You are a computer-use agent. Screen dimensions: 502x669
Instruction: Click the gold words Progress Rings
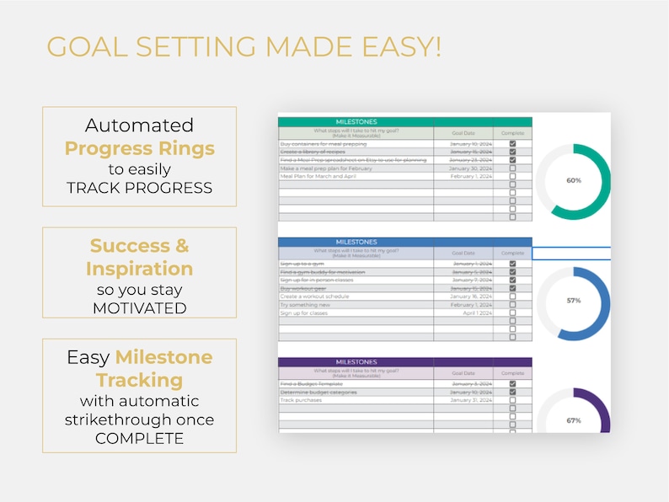coord(139,149)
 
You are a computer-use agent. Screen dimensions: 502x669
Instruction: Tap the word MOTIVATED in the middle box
coord(139,308)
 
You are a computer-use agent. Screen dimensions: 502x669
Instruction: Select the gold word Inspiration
coord(139,269)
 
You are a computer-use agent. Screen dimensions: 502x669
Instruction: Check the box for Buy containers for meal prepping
coord(512,144)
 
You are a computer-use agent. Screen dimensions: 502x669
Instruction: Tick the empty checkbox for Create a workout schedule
coord(512,296)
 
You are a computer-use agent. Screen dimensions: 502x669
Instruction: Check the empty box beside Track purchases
coord(512,400)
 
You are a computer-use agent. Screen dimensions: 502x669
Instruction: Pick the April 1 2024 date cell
coord(474,312)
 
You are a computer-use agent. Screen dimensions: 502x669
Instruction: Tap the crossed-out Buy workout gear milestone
coord(303,288)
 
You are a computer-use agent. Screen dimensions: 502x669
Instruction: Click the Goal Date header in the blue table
coord(463,253)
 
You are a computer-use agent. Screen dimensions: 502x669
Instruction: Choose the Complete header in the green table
coord(512,133)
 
